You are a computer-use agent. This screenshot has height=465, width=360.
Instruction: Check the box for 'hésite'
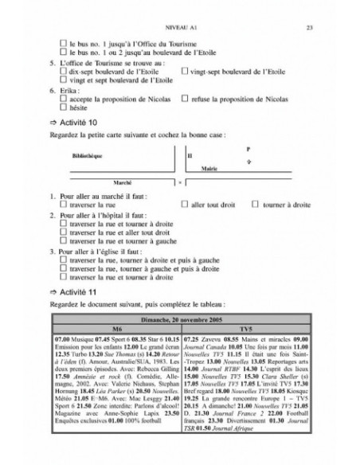click(63, 107)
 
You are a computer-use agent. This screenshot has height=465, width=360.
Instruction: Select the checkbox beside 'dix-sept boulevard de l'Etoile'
click(63, 71)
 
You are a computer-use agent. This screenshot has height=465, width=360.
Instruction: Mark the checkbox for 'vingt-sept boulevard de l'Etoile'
click(186, 71)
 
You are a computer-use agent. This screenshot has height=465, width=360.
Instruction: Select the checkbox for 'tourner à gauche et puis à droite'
click(63, 268)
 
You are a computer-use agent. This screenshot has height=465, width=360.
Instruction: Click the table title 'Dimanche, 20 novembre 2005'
click(179, 318)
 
